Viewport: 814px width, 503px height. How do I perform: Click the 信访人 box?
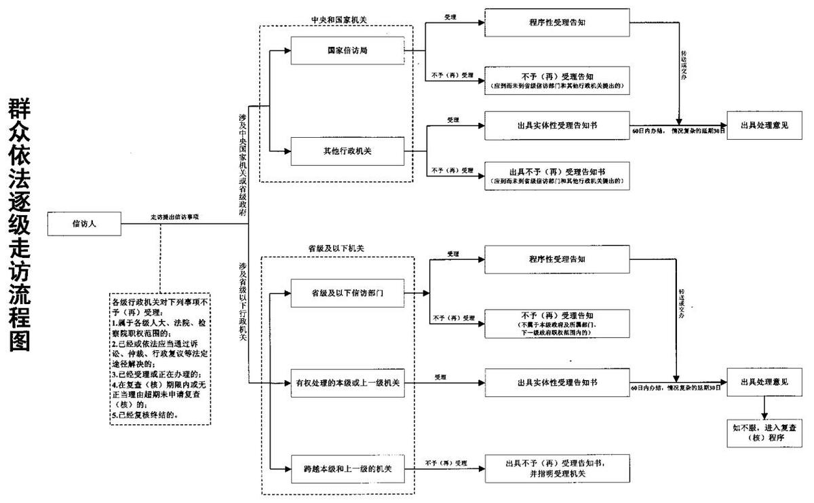(85, 223)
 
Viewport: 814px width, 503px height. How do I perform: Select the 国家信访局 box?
(347, 50)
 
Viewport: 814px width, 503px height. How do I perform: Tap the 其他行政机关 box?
(347, 151)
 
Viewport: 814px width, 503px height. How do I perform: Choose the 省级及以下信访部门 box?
(347, 293)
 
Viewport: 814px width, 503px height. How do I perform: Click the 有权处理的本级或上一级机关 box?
(347, 384)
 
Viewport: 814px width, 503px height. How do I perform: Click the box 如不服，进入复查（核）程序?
(764, 433)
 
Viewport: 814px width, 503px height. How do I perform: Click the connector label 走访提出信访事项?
(179, 217)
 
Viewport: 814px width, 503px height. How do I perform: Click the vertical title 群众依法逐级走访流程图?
(20, 224)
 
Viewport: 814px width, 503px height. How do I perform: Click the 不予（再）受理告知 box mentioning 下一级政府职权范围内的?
(558, 323)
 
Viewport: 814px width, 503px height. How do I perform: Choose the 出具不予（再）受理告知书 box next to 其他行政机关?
(558, 176)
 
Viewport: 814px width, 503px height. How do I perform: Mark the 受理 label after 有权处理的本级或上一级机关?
(440, 377)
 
